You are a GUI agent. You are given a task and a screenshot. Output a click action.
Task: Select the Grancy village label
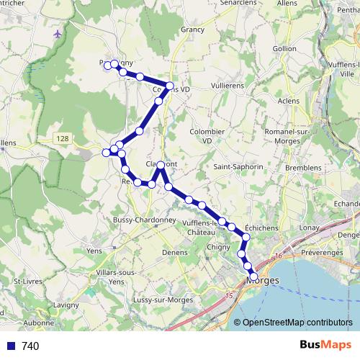194,30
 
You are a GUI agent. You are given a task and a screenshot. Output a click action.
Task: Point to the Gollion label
284,48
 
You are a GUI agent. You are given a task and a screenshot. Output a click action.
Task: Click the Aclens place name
288,100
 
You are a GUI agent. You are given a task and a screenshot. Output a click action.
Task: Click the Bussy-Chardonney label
140,220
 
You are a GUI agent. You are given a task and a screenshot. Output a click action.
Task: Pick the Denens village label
175,253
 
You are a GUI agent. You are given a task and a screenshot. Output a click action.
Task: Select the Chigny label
218,248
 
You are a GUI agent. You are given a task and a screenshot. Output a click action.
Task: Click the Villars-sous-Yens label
115,277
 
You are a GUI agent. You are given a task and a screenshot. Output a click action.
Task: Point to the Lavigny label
66,305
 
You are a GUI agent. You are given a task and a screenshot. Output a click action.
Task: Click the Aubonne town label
40,324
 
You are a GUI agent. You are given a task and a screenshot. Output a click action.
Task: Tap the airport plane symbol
58,34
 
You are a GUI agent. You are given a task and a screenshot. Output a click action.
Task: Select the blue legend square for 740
10,346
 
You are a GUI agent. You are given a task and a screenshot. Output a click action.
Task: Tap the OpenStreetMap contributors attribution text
297,323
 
